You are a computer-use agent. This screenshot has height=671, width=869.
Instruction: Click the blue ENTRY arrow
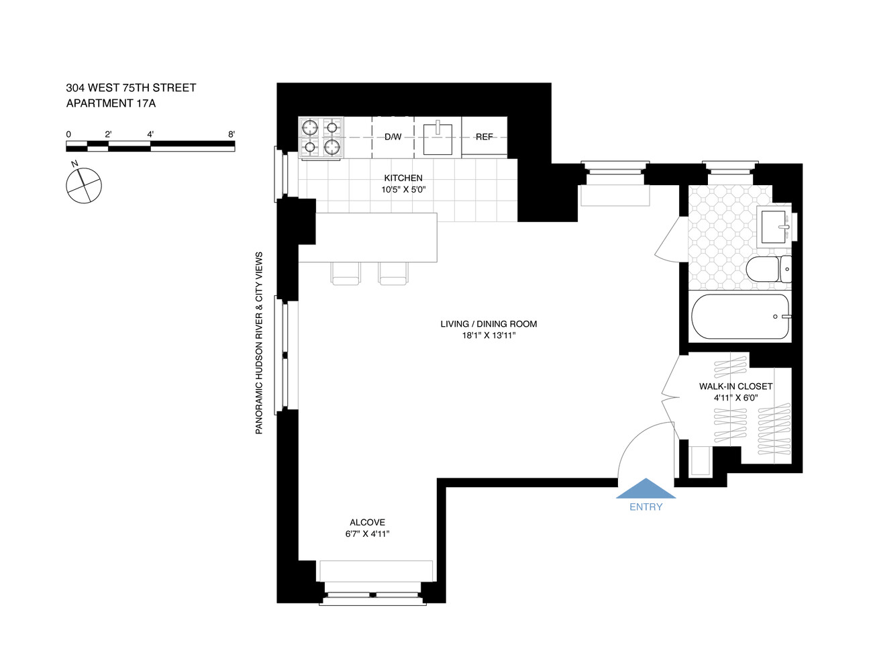[x=646, y=488]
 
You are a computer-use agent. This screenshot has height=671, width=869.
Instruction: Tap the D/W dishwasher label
[x=393, y=137]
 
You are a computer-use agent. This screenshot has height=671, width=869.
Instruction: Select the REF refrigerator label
[x=484, y=137]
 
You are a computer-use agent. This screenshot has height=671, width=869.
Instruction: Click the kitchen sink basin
[x=438, y=139]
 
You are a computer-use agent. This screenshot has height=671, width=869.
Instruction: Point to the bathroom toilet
[x=768, y=269]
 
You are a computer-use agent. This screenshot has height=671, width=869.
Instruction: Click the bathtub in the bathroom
[x=741, y=316]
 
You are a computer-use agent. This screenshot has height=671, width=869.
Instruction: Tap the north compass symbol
[x=84, y=185]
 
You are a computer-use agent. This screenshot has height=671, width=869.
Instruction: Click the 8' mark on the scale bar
[x=232, y=134]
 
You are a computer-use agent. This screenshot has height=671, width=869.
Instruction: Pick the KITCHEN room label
[x=403, y=178]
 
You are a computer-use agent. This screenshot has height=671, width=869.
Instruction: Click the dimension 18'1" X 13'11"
[x=489, y=335]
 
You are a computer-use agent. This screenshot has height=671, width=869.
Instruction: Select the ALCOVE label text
[x=367, y=522]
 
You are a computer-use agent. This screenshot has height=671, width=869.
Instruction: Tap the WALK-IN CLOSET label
[x=735, y=386]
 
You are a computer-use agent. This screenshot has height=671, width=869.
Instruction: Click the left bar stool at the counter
[x=346, y=274]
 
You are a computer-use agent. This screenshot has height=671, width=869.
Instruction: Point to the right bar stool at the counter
[x=393, y=274]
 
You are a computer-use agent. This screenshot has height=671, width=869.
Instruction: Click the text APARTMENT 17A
[x=111, y=103]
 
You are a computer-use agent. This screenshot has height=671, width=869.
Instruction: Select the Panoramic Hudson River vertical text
[x=259, y=343]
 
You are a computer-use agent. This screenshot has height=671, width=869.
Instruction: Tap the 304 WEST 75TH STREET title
[x=131, y=88]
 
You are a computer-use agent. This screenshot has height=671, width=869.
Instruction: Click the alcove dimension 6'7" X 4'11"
[x=367, y=534]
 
